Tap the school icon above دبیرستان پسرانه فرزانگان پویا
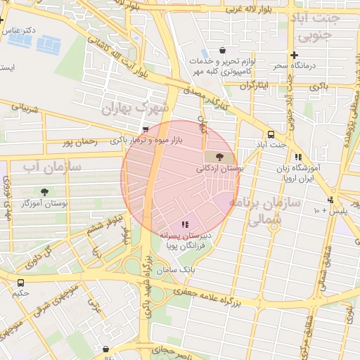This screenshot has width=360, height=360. [x=185, y=224]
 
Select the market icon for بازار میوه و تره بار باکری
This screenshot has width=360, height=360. [x=146, y=129]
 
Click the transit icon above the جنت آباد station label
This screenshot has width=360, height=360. [x=271, y=134]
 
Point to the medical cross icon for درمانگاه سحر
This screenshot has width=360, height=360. [x=294, y=55]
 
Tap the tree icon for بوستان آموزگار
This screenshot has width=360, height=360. [x=46, y=191]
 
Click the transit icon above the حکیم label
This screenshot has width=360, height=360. [x=20, y=283]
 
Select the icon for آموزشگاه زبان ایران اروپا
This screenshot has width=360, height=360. [x=298, y=157]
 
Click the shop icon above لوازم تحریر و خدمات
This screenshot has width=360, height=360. [x=222, y=51]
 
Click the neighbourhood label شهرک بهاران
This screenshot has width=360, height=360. [x=136, y=108]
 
